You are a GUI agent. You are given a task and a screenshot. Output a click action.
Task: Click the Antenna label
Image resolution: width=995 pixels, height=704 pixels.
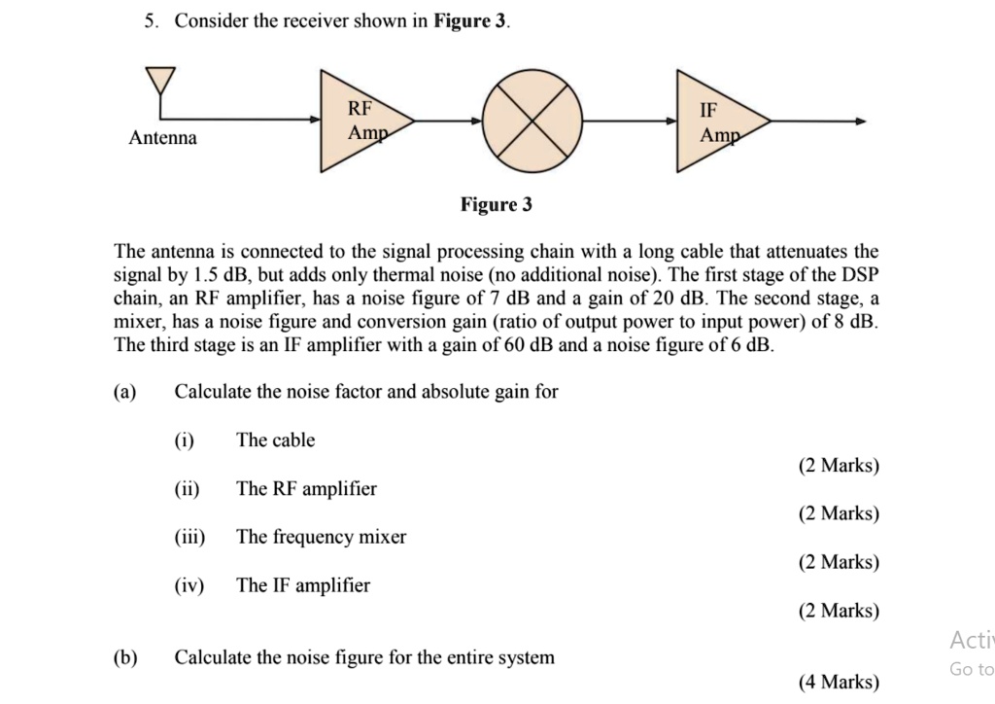pos(162,138)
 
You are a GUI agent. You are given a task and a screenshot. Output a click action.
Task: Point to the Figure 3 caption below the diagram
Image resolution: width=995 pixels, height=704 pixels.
pos(497,204)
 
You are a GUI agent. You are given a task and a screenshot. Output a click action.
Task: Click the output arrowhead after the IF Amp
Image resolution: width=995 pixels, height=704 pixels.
pos(860,122)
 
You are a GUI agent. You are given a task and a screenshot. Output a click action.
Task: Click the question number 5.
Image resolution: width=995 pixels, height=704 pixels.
pos(152,21)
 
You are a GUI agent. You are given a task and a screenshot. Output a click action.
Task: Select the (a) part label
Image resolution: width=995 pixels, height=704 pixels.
pos(124,392)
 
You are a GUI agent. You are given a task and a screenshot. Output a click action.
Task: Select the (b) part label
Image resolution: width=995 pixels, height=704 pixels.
pos(124,657)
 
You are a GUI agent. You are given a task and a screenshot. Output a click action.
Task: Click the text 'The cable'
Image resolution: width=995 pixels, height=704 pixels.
pos(275,440)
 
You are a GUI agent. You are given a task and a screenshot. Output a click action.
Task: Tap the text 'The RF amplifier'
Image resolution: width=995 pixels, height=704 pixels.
pos(306,489)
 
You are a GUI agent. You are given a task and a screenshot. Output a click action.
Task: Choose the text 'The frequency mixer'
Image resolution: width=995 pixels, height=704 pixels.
pos(321,537)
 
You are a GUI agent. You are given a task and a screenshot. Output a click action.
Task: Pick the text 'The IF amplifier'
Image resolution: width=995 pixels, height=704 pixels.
pos(302,585)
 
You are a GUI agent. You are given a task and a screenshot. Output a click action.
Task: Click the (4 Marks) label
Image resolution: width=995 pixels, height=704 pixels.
pos(839,682)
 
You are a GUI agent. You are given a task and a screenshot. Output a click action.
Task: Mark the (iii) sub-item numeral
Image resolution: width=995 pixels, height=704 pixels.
pos(189,537)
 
